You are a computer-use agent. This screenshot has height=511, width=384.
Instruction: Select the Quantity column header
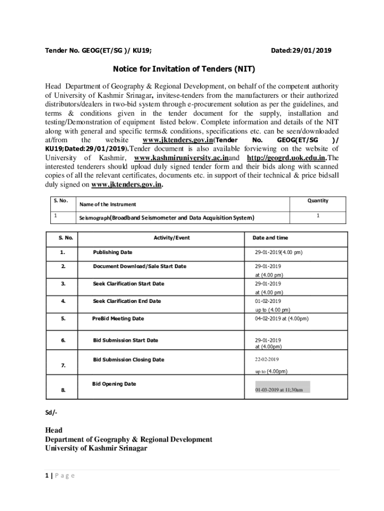click(318, 201)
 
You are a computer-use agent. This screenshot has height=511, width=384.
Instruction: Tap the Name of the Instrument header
click(108, 205)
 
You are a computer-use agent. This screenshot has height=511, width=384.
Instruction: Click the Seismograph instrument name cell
click(167, 218)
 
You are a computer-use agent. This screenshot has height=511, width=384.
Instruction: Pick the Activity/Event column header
click(172, 238)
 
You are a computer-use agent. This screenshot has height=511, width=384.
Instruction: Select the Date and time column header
click(270, 238)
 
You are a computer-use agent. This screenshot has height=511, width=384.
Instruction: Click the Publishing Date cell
click(113, 253)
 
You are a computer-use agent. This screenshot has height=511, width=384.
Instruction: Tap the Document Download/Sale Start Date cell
click(140, 266)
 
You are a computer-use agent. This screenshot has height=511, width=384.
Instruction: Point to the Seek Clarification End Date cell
click(127, 301)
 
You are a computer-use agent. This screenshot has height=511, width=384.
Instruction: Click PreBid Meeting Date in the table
click(118, 319)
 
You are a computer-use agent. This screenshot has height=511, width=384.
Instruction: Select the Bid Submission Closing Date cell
click(129, 360)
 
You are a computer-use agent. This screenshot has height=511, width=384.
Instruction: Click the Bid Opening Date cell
click(114, 384)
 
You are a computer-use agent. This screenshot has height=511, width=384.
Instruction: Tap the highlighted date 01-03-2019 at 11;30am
click(279, 390)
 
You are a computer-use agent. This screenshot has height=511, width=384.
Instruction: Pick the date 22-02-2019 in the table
click(267, 359)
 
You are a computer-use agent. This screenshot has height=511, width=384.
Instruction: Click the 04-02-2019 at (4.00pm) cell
click(282, 319)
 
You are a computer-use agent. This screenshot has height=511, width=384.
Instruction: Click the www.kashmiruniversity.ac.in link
click(182, 158)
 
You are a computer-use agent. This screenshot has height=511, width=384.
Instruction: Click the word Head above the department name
click(54, 430)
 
